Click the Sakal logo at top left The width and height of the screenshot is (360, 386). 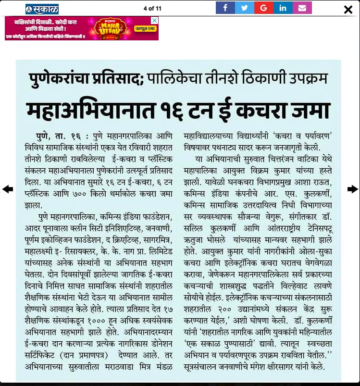(x=42, y=9)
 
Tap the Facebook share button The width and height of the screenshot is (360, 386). (x=225, y=8)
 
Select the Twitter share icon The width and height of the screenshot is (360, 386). (x=244, y=8)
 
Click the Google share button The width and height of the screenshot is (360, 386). (x=263, y=8)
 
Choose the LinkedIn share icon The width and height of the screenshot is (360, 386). (x=283, y=8)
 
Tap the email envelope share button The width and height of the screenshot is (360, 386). (x=302, y=8)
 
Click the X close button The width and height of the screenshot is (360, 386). (x=348, y=9)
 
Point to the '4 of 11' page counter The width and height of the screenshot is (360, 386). (x=153, y=8)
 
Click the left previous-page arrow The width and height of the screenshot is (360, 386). (x=8, y=189)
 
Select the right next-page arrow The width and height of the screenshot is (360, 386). (x=352, y=189)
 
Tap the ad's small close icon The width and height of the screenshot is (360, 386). (x=154, y=20)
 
